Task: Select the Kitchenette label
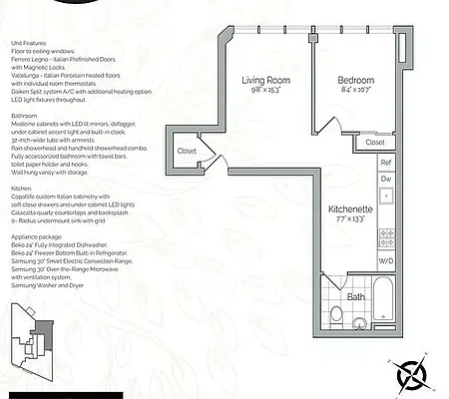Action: pyautogui.click(x=350, y=210)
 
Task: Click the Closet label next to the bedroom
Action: pyautogui.click(x=375, y=142)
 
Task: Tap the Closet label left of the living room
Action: pyautogui.click(x=187, y=152)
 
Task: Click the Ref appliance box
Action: pyautogui.click(x=385, y=162)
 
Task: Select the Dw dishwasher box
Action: pyautogui.click(x=385, y=180)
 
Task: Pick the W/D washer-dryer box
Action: pyautogui.click(x=385, y=261)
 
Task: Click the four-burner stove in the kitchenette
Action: pyautogui.click(x=385, y=238)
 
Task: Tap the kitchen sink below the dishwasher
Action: pyautogui.click(x=385, y=205)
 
